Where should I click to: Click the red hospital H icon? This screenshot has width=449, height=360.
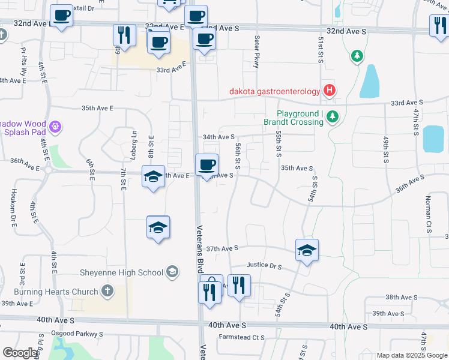click(329, 91)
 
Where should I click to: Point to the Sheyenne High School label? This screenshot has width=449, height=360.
click(121, 272)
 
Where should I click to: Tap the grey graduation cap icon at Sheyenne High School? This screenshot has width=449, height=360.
click(172, 272)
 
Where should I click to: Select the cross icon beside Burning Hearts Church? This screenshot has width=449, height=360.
click(107, 292)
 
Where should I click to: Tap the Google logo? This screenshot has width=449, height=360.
click(21, 353)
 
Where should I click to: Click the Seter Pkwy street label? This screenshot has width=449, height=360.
click(257, 51)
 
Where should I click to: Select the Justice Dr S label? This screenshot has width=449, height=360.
click(264, 265)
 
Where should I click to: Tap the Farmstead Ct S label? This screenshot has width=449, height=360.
click(242, 337)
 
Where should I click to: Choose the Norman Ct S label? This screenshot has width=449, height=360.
click(429, 214)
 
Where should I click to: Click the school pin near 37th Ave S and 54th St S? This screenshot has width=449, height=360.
click(306, 250)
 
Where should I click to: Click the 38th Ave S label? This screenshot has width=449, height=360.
click(401, 298)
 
